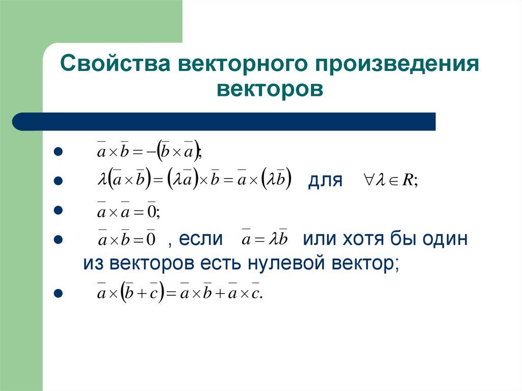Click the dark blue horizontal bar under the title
pos(224,122)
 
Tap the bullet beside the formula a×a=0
pos(58,210)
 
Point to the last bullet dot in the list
pos(58,293)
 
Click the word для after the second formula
pos(324,180)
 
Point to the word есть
pos(223,263)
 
